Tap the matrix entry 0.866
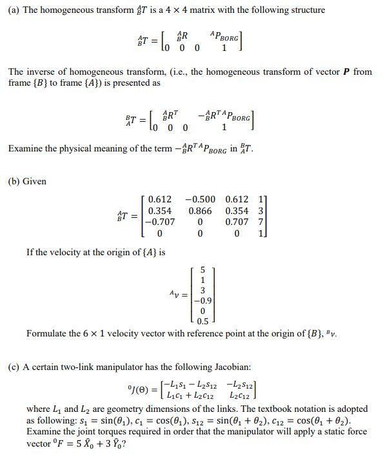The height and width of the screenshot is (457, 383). [x=201, y=211]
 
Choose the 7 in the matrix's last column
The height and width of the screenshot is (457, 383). [x=260, y=223]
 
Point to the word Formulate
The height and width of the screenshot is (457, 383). [x=48, y=334]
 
